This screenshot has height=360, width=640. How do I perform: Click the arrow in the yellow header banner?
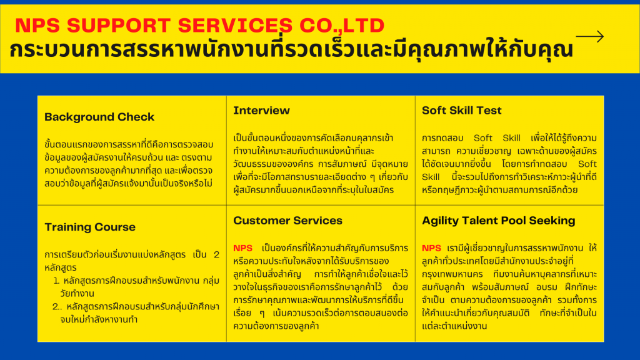[x=590, y=37]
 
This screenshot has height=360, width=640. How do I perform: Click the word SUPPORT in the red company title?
[x=118, y=25]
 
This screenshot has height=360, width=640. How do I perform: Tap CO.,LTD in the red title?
[x=342, y=26]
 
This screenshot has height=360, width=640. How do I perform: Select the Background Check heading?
[x=99, y=117]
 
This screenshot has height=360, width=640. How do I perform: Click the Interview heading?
[x=261, y=111]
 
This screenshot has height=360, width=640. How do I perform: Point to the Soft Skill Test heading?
[x=462, y=111]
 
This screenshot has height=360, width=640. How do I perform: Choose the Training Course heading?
[x=90, y=227]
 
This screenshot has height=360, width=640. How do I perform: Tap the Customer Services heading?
[x=287, y=221]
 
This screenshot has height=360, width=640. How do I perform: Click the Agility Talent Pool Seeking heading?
[x=498, y=221]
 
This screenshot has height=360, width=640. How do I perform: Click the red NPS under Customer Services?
[x=242, y=248]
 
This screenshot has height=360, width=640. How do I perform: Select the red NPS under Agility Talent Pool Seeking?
[x=431, y=248]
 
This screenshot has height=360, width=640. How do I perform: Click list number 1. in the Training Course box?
[x=57, y=281]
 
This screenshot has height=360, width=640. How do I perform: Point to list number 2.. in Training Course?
[x=57, y=306]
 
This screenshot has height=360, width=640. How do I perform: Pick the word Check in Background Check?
[x=136, y=117]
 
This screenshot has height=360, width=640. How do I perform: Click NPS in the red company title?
[x=37, y=25]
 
